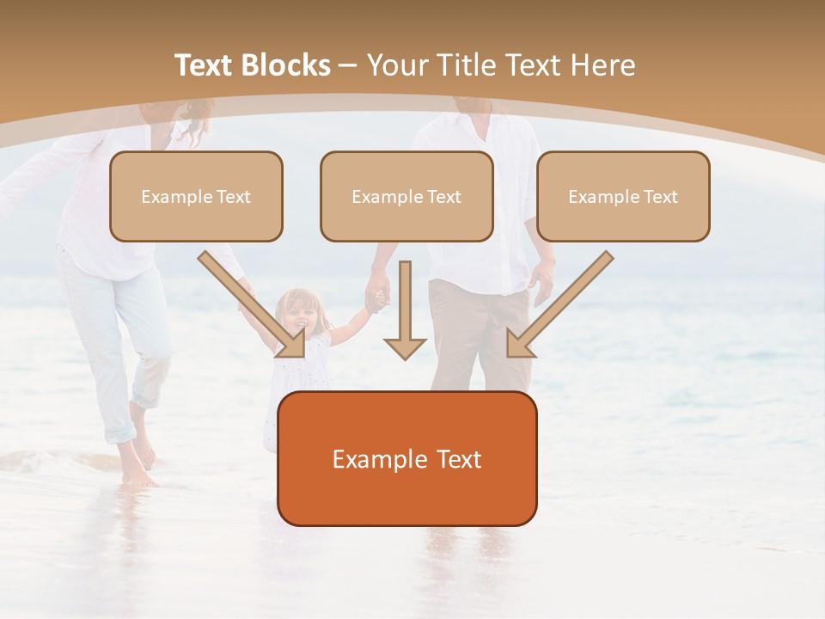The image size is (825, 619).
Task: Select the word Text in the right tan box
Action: click(659, 197)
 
